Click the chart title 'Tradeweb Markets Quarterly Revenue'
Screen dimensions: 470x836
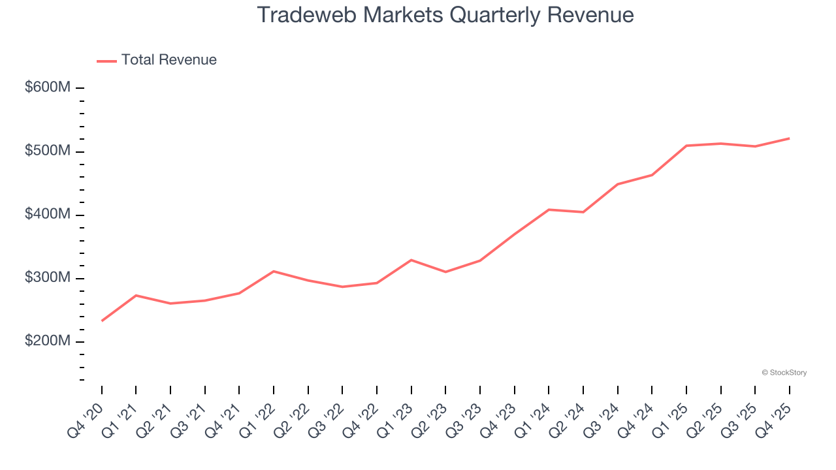[445, 14]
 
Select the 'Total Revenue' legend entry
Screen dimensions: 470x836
[169, 60]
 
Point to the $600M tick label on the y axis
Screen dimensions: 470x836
[47, 87]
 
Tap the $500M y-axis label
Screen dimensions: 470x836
[47, 151]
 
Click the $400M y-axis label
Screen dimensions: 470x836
[47, 215]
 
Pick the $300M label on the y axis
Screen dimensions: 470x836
[47, 278]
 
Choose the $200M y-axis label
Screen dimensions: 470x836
[47, 341]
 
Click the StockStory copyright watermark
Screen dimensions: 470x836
[784, 373]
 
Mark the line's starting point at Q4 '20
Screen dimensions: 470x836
[102, 321]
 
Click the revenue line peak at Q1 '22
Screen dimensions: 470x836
[274, 271]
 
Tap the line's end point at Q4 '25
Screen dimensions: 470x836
[789, 138]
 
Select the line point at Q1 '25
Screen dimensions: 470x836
[686, 146]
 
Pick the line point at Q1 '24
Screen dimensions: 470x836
[549, 210]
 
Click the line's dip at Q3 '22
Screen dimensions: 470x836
[342, 287]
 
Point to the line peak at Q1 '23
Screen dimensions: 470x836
[411, 260]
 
